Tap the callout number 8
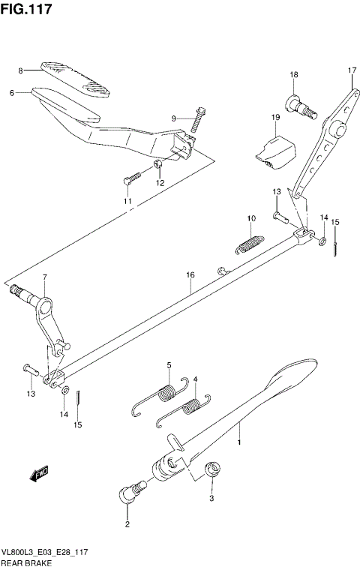coord(21,71)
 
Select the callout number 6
coord(13,93)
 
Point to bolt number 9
coord(198,116)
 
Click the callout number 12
coord(159,183)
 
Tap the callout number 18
coord(294,75)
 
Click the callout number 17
coord(350,71)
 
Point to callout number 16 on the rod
coord(191,276)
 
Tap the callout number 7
coord(44,278)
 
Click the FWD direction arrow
coord(40,473)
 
